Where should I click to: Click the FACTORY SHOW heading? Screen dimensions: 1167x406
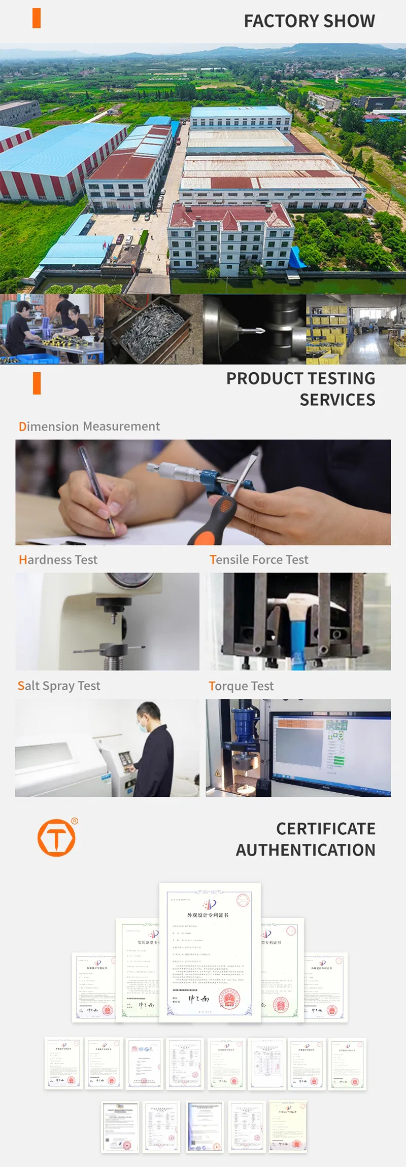tap(309, 21)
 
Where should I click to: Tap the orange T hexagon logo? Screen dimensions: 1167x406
tap(56, 838)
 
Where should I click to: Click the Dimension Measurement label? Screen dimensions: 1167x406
tap(89, 427)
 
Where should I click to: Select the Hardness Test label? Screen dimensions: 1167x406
tap(58, 560)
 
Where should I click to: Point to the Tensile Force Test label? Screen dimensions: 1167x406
tap(259, 560)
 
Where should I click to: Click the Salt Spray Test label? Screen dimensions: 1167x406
tap(59, 686)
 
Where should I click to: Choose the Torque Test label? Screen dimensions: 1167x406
tap(241, 686)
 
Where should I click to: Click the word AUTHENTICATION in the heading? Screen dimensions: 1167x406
tap(305, 850)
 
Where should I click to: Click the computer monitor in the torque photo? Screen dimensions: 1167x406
tap(330, 748)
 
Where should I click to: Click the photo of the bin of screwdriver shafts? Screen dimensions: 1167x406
tap(153, 329)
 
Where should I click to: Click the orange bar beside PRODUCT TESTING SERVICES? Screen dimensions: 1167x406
tap(37, 383)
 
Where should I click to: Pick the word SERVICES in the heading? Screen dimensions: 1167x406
tap(337, 400)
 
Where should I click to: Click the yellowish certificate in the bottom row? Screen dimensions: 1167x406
tap(288, 1126)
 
